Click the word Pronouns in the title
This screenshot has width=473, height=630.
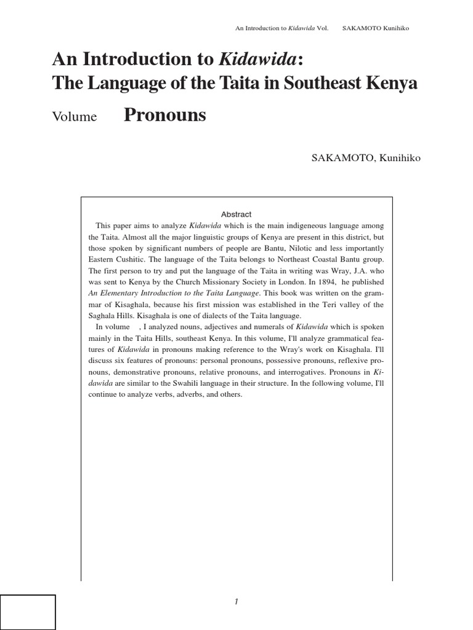point(165,115)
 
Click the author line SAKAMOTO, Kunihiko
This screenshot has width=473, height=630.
point(368,158)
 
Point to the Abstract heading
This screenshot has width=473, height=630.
point(236,214)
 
